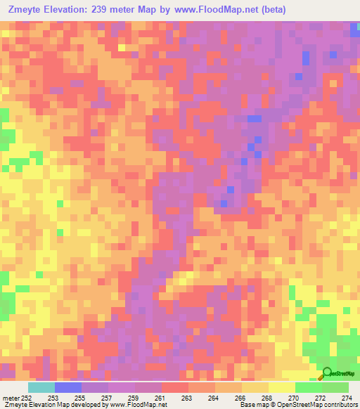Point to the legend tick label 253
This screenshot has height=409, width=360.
[x=53, y=398]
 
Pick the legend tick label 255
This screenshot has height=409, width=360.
[x=79, y=398]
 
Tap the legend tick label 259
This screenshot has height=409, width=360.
[x=133, y=398]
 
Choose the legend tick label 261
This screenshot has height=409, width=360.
[x=160, y=398]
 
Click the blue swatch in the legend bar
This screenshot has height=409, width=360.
[x=67, y=387]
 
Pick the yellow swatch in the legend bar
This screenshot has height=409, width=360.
[x=281, y=387]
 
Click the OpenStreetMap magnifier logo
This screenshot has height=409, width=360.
[x=327, y=375]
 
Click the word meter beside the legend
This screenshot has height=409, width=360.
[x=9, y=398]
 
